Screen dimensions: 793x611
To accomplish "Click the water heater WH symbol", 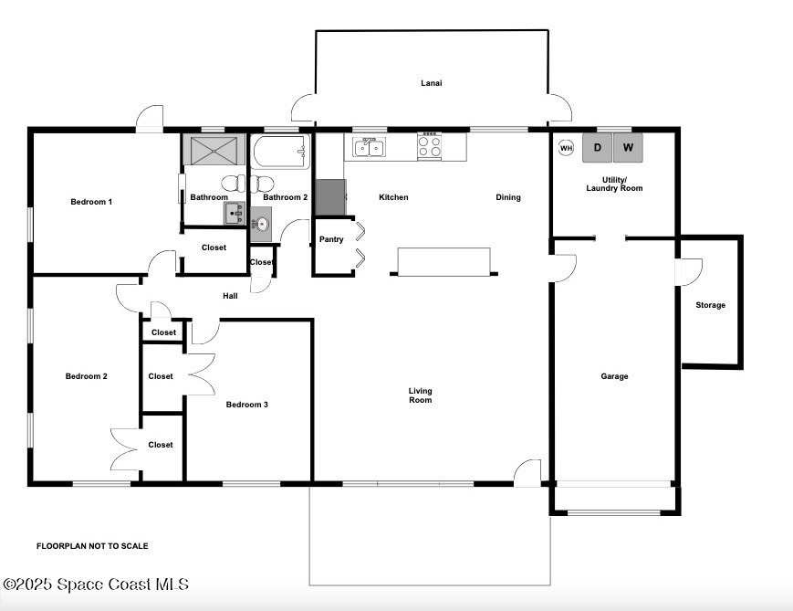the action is tap(566, 148).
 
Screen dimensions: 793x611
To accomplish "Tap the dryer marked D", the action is tap(598, 147).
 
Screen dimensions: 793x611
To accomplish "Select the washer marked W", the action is tap(628, 147).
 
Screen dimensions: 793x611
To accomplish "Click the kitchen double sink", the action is tap(370, 148).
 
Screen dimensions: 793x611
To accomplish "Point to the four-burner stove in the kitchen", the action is tap(430, 146).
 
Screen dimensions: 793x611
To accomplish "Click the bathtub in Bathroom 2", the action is tap(280, 152).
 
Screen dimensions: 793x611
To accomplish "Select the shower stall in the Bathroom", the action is tap(214, 151).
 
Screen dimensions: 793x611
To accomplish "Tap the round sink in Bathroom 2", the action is tap(262, 223).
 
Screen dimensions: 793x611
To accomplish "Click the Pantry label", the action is tap(331, 239).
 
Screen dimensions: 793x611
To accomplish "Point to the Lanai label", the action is tap(432, 83).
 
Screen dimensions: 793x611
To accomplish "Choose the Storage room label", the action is tap(711, 305).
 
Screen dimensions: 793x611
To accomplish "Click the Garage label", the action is tap(614, 376).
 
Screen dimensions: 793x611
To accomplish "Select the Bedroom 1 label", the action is tap(91, 202).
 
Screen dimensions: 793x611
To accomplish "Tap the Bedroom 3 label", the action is tap(246, 404).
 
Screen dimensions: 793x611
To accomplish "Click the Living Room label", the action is tap(421, 395).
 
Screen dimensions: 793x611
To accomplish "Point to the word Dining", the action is tap(508, 197).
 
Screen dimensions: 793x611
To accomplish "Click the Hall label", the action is tap(230, 296).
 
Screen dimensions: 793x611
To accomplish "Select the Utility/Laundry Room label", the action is tap(614, 184).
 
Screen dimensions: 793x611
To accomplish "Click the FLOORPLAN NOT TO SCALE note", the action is tap(92, 545).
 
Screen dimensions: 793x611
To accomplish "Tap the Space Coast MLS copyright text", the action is tap(96, 585).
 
